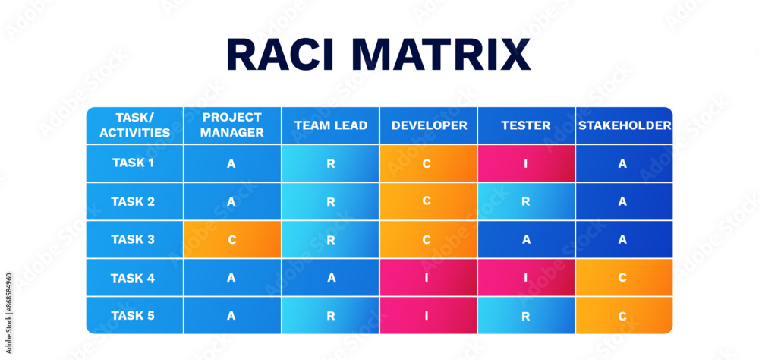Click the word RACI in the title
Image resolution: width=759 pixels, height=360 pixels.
[285, 55]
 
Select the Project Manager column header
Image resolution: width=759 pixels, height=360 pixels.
[232, 125]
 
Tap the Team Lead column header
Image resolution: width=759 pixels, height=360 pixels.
[330, 125]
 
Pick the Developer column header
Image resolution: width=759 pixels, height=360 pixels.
[429, 125]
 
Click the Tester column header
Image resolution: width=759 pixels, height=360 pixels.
[526, 125]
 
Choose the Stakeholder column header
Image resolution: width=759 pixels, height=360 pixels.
[624, 125]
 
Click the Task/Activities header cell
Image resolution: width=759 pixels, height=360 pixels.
[134, 125]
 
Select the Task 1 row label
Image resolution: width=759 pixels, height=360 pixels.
[134, 163]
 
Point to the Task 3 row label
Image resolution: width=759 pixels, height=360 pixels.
[134, 239]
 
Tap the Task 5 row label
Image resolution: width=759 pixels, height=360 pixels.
[134, 315]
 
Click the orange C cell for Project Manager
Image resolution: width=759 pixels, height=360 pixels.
[232, 239]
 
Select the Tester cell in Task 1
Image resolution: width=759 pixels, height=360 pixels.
[526, 163]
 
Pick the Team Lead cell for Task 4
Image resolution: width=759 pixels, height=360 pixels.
[330, 277]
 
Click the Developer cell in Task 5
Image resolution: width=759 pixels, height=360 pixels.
[429, 315]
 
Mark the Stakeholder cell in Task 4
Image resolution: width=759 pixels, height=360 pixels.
[624, 277]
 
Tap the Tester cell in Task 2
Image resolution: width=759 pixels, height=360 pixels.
[526, 201]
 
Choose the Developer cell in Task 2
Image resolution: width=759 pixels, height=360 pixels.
[429, 201]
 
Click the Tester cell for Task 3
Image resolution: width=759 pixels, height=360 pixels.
[526, 239]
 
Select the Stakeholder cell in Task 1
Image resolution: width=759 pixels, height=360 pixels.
[624, 163]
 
